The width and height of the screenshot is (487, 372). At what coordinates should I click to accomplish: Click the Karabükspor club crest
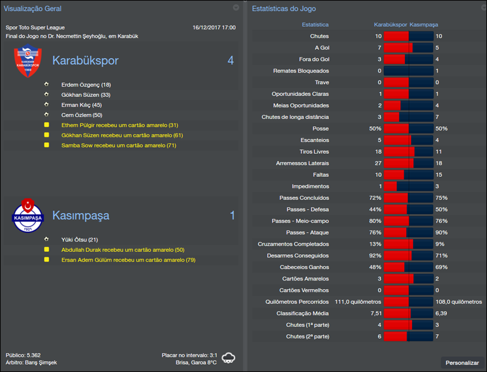click(x=28, y=62)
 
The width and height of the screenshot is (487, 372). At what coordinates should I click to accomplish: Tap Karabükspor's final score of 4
click(x=230, y=60)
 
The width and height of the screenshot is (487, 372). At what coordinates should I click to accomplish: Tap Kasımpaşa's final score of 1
click(x=232, y=215)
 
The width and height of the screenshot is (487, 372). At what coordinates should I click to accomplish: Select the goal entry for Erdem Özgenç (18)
click(x=86, y=84)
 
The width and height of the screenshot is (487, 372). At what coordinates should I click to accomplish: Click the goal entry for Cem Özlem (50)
click(x=82, y=115)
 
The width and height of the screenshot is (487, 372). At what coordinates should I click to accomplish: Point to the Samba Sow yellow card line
click(x=119, y=145)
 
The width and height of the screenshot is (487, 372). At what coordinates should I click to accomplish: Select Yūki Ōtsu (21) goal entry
click(x=80, y=240)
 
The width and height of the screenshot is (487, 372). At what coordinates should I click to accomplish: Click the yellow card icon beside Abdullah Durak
click(x=46, y=250)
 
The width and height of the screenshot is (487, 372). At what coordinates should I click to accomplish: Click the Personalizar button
click(x=462, y=363)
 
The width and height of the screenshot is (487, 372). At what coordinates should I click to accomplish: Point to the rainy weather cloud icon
click(x=229, y=357)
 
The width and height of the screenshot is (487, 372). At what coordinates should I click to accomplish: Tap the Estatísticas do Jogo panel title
click(x=284, y=9)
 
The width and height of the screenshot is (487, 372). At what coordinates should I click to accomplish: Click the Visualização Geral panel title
click(x=33, y=9)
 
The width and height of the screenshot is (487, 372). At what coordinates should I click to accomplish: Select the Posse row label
click(x=320, y=129)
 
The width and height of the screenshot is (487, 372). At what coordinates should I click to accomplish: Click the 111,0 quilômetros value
click(x=358, y=302)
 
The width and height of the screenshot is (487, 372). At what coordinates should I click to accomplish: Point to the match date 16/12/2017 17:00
click(x=214, y=27)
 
